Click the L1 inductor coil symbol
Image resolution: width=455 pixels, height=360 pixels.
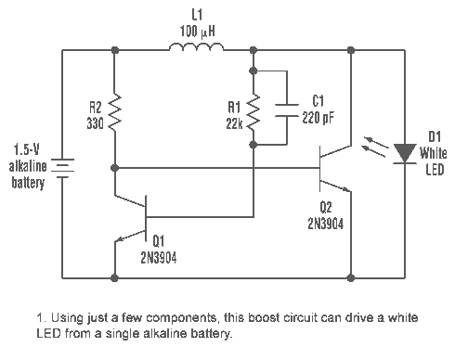196,47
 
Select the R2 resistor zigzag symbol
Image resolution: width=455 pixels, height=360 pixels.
114,112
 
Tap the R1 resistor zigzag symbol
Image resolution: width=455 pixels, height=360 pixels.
253,112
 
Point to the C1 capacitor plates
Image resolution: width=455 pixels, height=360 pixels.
287,110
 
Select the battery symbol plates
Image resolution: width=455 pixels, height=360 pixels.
62,168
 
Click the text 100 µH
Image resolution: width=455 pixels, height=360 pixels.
197,32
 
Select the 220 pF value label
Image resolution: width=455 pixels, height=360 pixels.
318,118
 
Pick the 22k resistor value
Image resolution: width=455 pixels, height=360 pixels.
234,124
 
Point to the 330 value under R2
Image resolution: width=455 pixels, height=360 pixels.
95,123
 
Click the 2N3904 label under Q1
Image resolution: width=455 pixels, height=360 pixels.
159,257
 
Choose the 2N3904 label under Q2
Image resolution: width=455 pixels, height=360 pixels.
326,224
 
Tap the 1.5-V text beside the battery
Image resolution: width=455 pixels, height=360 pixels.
27,149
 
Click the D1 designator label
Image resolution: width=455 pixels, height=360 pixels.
435,136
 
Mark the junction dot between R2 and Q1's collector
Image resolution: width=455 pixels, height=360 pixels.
114,168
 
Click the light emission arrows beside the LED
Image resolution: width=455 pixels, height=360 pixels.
374,147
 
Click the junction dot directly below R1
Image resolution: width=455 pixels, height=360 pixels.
253,145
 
